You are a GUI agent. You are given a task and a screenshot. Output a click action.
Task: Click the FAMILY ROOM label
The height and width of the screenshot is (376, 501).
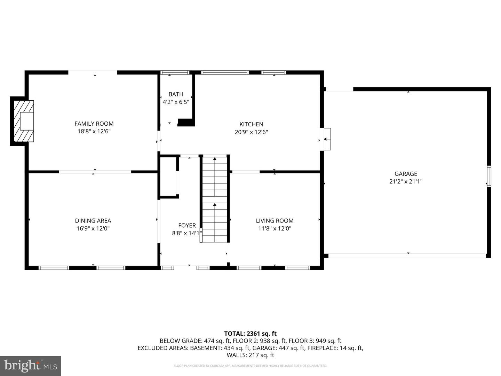point(94,124)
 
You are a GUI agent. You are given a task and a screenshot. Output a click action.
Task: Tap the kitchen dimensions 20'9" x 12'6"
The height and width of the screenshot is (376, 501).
point(251,132)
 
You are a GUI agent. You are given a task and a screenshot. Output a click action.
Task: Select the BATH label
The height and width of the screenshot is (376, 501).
point(176,94)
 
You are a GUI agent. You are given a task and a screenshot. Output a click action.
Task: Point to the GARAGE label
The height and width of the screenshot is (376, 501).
point(406,174)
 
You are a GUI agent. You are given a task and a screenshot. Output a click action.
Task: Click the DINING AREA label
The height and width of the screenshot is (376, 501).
point(93,220)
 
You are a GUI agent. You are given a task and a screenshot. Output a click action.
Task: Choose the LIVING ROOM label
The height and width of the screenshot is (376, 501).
point(275,220)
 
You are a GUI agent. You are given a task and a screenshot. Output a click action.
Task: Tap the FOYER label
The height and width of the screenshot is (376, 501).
point(187,225)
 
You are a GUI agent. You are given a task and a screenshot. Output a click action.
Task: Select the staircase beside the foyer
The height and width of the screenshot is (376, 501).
point(215,199)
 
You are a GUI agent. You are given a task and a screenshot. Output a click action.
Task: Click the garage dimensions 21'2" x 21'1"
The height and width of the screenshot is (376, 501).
point(406,181)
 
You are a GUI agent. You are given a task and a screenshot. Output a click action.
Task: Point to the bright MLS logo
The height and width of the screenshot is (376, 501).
point(31,366)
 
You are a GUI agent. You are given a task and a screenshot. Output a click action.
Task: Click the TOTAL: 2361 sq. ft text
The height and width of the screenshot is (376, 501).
point(250,334)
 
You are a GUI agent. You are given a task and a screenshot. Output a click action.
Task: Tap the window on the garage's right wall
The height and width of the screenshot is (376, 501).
point(489,177)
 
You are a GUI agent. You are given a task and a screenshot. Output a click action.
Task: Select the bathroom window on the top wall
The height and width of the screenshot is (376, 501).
point(175,72)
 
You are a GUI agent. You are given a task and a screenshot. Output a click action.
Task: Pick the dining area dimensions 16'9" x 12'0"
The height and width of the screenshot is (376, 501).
point(93,228)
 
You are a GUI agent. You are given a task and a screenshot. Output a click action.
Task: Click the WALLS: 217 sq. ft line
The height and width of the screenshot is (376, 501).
point(250,355)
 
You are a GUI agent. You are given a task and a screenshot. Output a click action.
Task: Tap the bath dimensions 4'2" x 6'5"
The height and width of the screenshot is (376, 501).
point(176,102)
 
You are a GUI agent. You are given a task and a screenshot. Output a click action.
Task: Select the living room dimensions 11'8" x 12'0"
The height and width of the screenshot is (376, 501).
point(275,228)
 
